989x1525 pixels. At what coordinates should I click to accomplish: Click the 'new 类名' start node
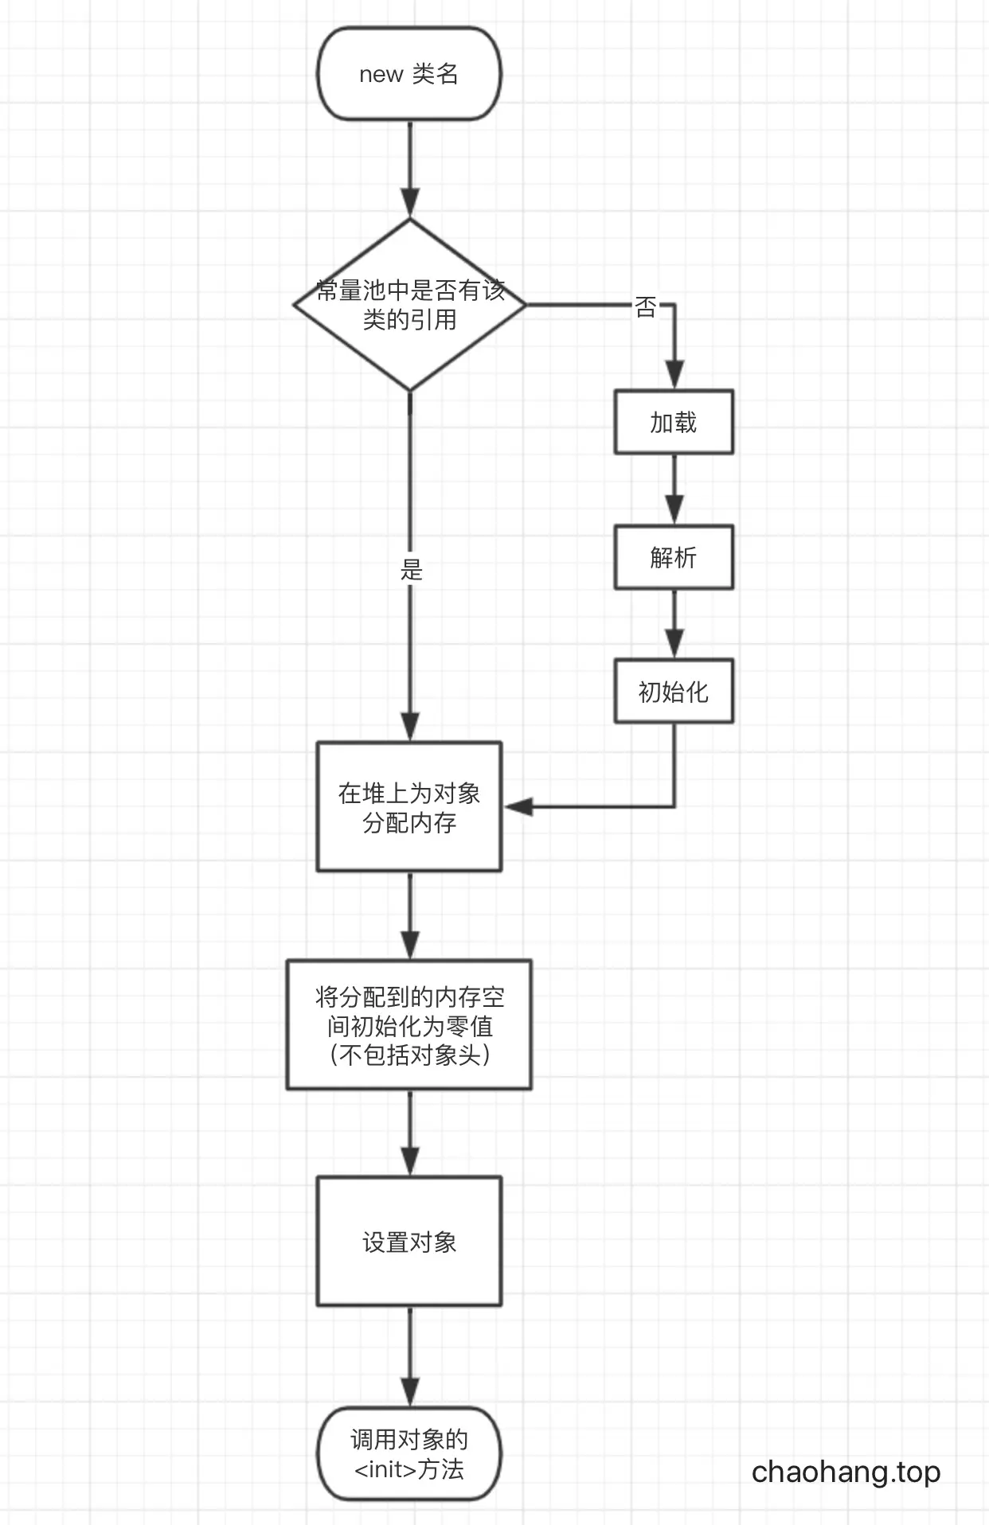tap(409, 74)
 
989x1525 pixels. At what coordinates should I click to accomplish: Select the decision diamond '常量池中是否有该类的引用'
tap(409, 305)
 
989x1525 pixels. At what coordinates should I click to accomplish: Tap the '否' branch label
tap(646, 306)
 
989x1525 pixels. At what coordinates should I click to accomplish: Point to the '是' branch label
tap(411, 570)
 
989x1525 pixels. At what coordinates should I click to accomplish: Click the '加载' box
tap(674, 422)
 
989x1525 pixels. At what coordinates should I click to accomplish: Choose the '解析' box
tap(674, 557)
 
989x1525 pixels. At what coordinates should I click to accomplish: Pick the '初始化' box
tap(674, 691)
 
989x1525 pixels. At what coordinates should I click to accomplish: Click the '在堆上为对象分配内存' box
tap(409, 806)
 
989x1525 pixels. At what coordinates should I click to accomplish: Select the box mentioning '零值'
tap(409, 1024)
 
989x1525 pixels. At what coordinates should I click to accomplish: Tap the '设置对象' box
tap(409, 1242)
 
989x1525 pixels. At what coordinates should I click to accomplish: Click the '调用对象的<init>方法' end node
tap(409, 1454)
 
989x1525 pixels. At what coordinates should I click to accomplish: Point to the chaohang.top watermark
tap(846, 1472)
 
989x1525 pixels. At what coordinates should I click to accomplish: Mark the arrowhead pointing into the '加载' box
tap(674, 375)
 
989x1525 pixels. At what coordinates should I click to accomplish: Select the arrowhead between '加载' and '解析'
tap(674, 510)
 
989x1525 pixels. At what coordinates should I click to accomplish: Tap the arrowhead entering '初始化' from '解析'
tap(674, 644)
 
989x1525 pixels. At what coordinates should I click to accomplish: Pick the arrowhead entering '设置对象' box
tap(410, 1161)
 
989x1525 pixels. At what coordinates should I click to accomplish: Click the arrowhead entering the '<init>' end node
tap(410, 1392)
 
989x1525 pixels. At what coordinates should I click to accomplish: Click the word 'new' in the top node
tap(381, 75)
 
